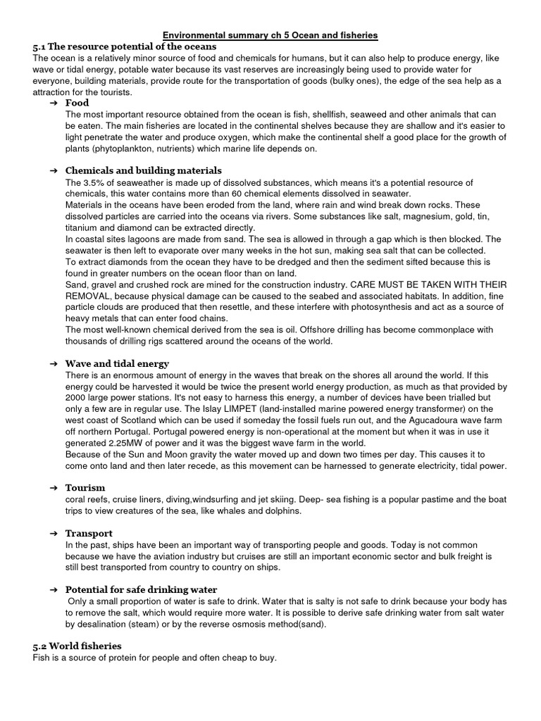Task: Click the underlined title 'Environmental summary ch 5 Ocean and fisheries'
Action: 270,34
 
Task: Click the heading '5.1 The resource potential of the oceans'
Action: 124,46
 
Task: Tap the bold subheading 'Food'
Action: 77,103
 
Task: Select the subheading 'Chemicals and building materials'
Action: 143,170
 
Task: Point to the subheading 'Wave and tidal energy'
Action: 117,363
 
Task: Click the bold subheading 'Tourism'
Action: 85,487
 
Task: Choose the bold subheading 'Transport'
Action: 89,533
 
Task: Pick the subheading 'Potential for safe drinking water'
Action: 141,589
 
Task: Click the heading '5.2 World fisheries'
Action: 77,646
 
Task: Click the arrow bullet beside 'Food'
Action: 54,104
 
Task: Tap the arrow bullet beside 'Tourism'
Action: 54,488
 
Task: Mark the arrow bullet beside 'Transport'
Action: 54,534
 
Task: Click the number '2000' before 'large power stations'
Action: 77,398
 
